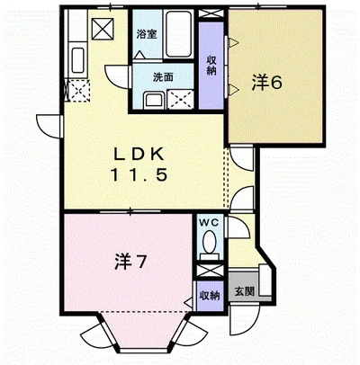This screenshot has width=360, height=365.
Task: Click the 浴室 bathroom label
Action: point(146,34)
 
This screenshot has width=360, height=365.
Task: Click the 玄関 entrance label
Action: point(243,291)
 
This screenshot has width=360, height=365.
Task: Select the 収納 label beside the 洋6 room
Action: point(211,66)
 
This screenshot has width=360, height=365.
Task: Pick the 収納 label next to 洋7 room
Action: point(208,294)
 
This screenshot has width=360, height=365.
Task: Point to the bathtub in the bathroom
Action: point(175,34)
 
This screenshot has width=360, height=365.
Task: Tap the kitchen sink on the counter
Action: point(76,63)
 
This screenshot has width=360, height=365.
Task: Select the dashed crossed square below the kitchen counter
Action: point(77,91)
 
